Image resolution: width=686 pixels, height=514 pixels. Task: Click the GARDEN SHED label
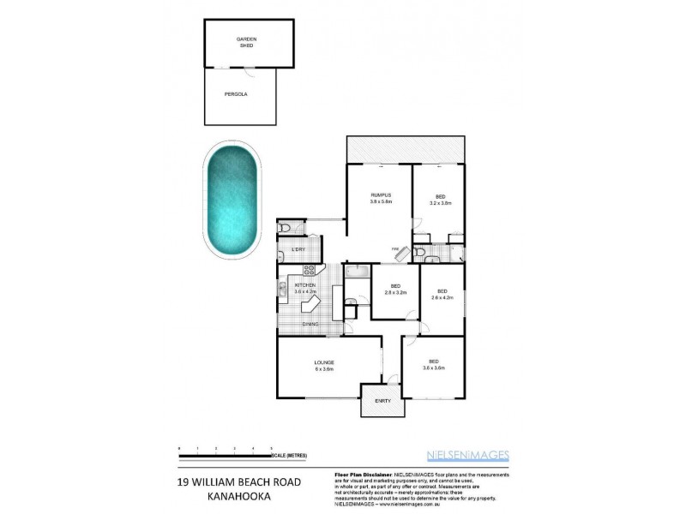[246, 42]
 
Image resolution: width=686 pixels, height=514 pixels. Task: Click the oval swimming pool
[231, 200]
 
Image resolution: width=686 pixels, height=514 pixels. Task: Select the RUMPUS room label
[381, 198]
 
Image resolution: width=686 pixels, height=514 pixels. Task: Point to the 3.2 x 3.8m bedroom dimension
[439, 204]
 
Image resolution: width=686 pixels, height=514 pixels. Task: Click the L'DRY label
[298, 249]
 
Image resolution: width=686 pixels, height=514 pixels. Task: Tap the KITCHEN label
[305, 285]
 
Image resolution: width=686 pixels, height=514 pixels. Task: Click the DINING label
[310, 324]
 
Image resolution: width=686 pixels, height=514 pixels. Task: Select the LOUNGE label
[323, 363]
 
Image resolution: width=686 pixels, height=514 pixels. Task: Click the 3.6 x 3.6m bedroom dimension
[435, 368]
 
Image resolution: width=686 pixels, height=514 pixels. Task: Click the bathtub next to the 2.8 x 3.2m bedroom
[357, 273]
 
